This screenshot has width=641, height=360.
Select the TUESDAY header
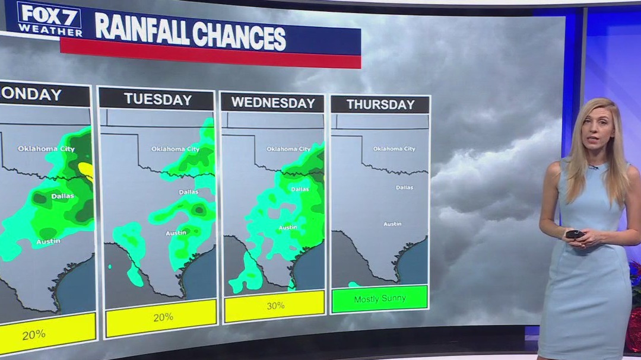157,99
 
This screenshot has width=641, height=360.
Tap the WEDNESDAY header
273,103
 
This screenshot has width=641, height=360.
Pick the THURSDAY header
380,105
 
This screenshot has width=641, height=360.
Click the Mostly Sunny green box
380,298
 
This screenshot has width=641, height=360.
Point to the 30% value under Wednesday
275,305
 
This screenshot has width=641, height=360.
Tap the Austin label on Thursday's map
392,224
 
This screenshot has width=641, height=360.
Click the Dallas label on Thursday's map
404,187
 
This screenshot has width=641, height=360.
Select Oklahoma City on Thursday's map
394,149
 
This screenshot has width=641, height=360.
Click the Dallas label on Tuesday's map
189,192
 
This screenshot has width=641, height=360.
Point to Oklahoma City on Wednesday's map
288,149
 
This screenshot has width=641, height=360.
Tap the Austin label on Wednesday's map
288,227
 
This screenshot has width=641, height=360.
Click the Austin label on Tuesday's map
176,233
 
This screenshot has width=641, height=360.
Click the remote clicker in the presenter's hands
575,234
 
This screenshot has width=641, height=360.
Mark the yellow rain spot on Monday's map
86,170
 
